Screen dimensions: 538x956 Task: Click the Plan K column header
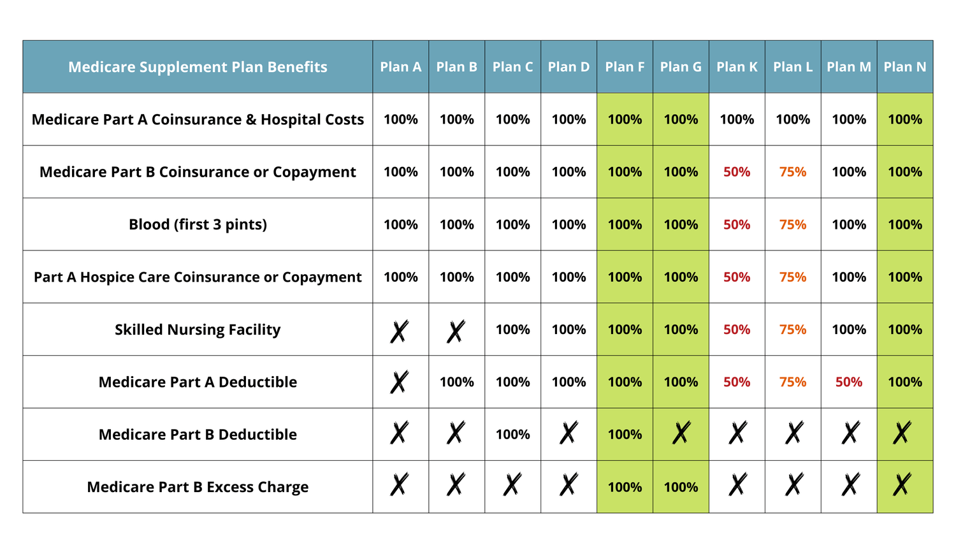[x=737, y=67]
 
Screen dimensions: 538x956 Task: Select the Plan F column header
[x=625, y=67]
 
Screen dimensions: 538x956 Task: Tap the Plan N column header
[x=905, y=67]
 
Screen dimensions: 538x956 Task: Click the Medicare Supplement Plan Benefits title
[x=198, y=67]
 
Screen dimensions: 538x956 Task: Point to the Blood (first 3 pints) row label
[x=198, y=224]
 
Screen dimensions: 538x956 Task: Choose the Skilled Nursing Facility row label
[x=198, y=330]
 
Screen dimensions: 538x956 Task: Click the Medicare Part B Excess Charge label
[x=198, y=487]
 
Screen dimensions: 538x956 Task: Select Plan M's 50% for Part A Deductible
[x=849, y=382]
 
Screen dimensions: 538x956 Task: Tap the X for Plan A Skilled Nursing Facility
[x=400, y=331]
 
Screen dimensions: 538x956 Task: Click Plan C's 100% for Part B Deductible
[x=512, y=435]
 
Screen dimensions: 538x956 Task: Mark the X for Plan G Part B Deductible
[x=681, y=433]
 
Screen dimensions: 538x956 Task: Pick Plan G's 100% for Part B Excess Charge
[x=681, y=487]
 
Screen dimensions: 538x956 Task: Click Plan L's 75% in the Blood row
[x=793, y=224]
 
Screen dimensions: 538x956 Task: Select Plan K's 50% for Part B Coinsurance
[x=737, y=172]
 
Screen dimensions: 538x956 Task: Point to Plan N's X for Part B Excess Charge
[x=902, y=485]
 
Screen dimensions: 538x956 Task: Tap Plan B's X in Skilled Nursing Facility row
[x=456, y=331]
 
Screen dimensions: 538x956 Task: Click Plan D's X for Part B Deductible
[x=569, y=433]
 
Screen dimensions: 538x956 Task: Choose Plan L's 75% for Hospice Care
[x=793, y=277]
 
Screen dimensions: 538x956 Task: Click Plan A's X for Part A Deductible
[x=400, y=382]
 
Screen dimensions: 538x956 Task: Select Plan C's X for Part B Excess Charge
[x=512, y=485]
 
